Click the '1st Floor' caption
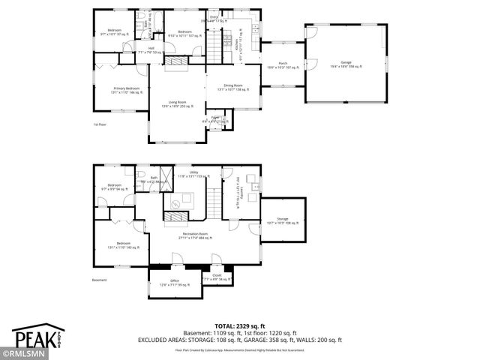(x=100, y=124)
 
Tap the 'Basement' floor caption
(x=100, y=280)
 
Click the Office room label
(x=175, y=283)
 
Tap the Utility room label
(x=193, y=174)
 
